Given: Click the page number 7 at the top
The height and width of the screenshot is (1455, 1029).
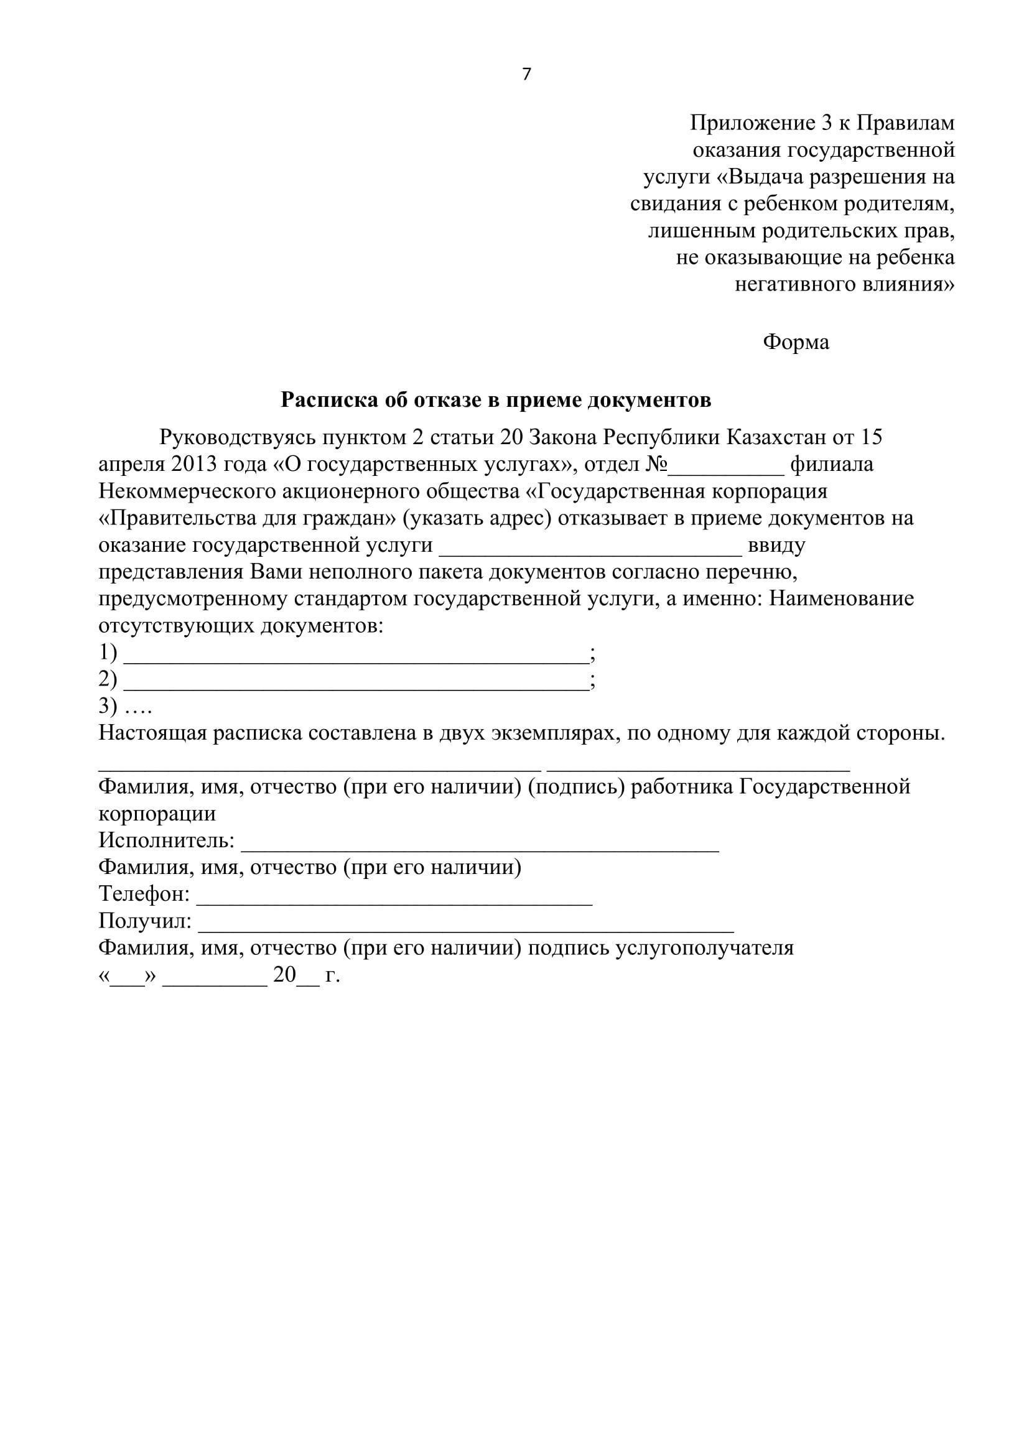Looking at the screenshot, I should click(x=526, y=75).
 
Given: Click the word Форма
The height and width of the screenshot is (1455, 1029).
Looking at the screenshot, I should click(x=795, y=342).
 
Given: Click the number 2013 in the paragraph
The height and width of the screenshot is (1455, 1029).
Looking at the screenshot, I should click(x=194, y=465).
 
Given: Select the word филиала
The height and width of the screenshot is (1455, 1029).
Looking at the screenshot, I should click(x=831, y=465).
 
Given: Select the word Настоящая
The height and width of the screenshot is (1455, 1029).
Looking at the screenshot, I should click(x=151, y=734).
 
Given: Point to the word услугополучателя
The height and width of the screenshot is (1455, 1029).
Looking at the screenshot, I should click(x=705, y=948).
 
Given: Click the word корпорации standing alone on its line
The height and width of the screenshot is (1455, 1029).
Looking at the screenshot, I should click(x=157, y=814).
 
